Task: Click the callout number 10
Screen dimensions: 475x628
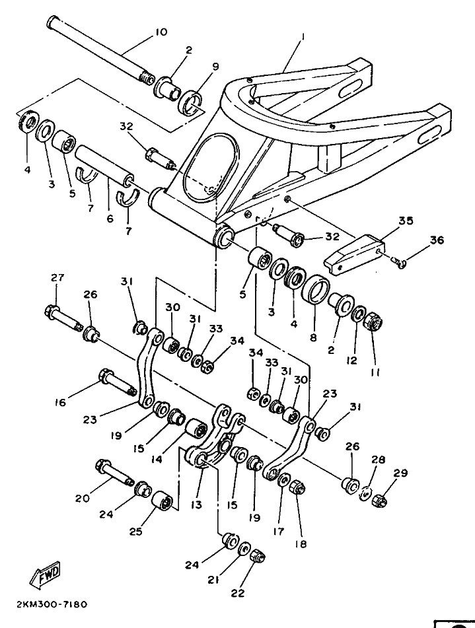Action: [x=161, y=32]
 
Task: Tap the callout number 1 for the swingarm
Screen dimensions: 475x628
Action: [x=303, y=36]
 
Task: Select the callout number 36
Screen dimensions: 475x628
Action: [x=437, y=240]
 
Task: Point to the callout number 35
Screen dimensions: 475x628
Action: [x=406, y=221]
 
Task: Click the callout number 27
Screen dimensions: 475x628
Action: [x=57, y=277]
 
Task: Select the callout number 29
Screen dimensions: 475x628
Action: [x=400, y=473]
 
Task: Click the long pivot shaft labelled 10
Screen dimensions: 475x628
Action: [x=101, y=50]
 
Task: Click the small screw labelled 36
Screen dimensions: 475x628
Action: [x=398, y=262]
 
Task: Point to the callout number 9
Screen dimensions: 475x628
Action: [x=215, y=66]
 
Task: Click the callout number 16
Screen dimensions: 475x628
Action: [x=60, y=401]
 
